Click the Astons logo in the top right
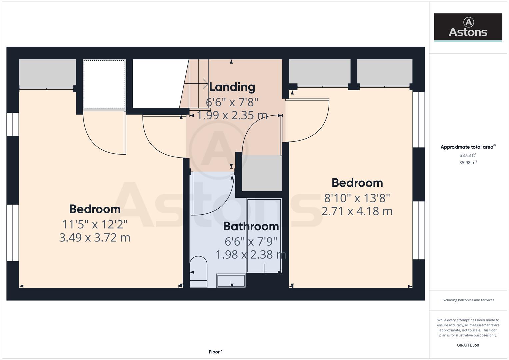[x=468, y=27]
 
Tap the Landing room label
[x=232, y=87]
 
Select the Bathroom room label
[x=251, y=226]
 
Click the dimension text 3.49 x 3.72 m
[x=95, y=238]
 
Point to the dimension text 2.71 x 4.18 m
[x=357, y=211]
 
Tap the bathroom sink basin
[x=231, y=281]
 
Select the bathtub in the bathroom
[x=264, y=235]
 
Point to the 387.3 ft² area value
[x=468, y=155]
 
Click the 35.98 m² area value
[x=468, y=163]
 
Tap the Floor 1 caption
[x=216, y=352]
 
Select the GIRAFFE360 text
[x=468, y=345]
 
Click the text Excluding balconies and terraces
[x=468, y=300]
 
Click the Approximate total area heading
[x=468, y=147]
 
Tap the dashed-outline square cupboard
[x=104, y=84]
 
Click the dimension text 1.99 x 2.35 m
[x=232, y=115]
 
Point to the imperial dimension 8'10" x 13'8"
[x=357, y=198]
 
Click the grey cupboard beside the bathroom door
[x=262, y=173]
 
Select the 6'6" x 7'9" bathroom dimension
[x=251, y=241]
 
